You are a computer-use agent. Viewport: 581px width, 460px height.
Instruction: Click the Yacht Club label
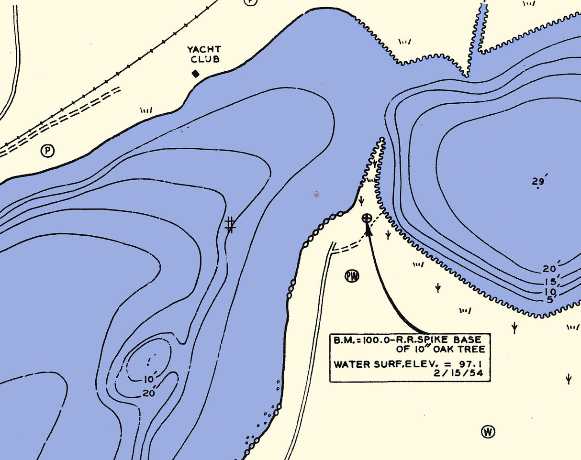click(204, 54)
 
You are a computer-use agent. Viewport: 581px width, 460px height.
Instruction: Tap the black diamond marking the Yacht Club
click(195, 74)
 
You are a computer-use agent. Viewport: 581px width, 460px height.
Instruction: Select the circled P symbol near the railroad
click(47, 151)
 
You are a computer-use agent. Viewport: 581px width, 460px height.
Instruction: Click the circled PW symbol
click(352, 276)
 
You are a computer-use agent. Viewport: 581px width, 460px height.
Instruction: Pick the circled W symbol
click(488, 432)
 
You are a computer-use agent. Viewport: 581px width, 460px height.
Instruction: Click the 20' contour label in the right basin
click(550, 269)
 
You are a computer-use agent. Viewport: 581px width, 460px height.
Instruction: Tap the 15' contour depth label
click(550, 281)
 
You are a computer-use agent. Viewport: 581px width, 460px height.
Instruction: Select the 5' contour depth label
click(549, 300)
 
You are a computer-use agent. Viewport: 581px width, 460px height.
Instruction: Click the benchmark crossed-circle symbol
click(367, 218)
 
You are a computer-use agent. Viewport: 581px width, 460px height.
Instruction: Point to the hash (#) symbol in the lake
click(230, 225)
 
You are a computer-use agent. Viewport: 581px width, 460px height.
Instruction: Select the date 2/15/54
click(463, 374)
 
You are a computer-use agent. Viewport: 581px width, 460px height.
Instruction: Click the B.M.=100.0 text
click(358, 340)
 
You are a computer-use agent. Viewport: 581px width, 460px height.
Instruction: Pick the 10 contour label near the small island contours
click(148, 380)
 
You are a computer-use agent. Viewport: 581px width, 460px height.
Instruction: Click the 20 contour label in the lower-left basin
click(149, 394)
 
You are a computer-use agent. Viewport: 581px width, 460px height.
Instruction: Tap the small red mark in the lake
click(316, 194)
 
